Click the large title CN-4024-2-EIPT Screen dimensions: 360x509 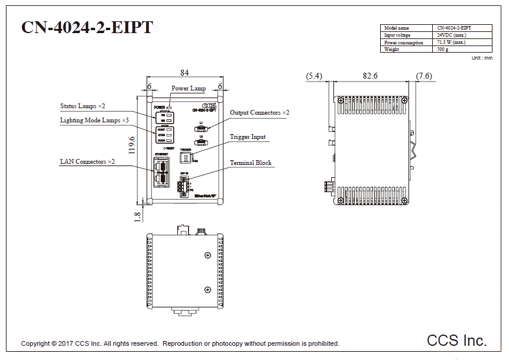(87, 28)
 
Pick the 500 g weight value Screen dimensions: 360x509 (443, 50)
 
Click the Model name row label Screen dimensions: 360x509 (397, 28)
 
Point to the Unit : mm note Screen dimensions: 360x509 (482, 58)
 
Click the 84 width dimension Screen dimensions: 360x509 (184, 73)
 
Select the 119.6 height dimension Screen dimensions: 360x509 (132, 145)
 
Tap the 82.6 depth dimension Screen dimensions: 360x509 (370, 76)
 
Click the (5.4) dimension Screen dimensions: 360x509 (315, 76)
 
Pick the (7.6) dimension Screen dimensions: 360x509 (424, 76)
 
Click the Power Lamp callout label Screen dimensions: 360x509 (189, 89)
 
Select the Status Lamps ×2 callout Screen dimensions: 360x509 (83, 106)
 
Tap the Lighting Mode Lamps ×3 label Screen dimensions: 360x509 (95, 121)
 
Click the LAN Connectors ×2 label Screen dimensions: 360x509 (87, 161)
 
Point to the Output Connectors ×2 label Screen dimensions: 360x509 (260, 113)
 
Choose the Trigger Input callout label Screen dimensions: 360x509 (248, 137)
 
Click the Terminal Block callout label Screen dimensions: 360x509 (251, 163)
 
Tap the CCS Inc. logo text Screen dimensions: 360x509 (457, 340)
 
